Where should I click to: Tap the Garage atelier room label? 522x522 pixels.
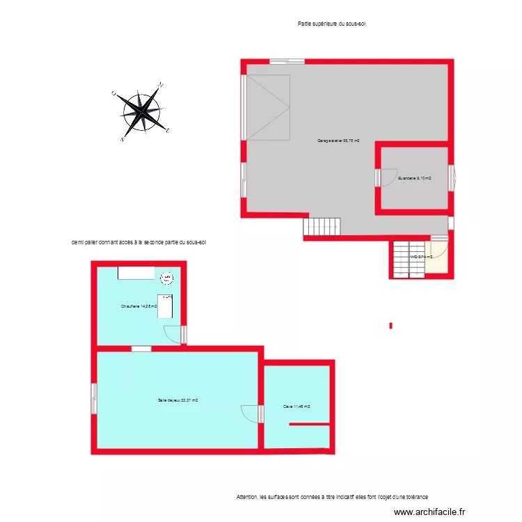338,141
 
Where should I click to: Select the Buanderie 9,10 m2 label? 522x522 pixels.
414,178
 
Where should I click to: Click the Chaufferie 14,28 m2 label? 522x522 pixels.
139,306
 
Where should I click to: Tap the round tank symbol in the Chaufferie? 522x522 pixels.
167,279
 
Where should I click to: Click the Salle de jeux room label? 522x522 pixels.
178,400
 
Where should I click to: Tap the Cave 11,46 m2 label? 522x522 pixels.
296,406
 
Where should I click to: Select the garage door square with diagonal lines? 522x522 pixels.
267,106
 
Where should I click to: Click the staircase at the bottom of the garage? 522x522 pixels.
322,227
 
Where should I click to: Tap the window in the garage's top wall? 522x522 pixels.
287,61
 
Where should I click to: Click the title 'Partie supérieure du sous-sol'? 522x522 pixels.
331,24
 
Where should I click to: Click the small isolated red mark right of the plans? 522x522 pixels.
391,325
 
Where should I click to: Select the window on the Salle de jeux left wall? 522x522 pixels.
93,400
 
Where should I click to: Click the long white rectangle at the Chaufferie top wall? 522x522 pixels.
136,272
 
